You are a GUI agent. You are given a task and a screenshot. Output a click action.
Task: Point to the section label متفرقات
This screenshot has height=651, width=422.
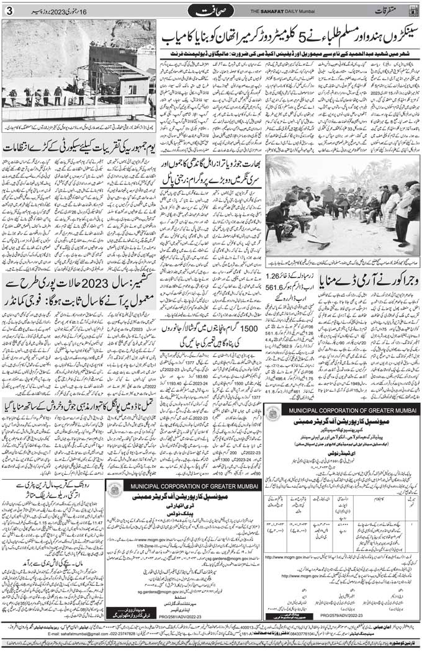[390, 11]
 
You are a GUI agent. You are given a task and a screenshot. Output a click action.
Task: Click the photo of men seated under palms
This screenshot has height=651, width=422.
[343, 205]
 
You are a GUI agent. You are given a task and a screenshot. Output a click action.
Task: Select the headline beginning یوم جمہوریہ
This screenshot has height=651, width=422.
[79, 148]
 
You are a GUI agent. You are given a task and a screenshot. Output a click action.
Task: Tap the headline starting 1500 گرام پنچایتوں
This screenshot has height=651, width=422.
[213, 336]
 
